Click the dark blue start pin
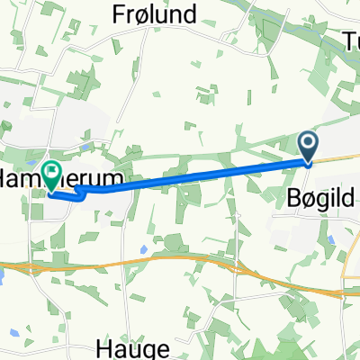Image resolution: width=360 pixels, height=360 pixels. (x=308, y=146)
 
